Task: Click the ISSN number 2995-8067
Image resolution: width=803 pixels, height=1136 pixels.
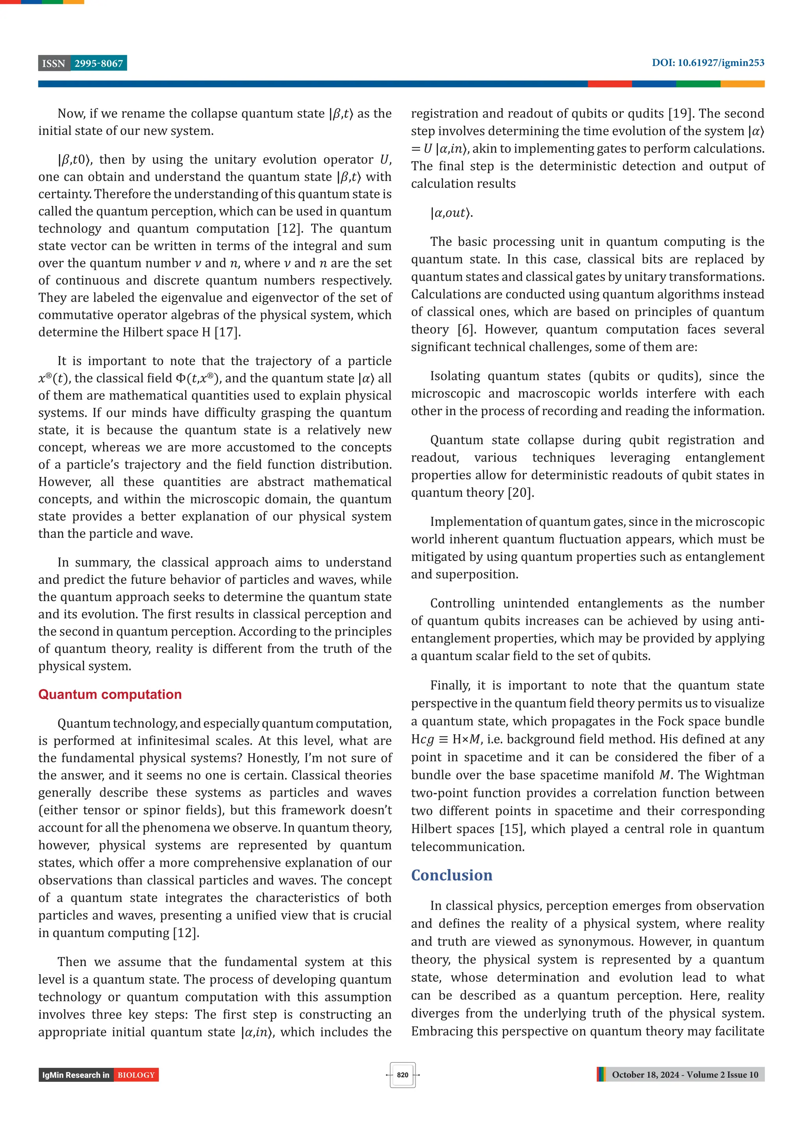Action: tap(98, 64)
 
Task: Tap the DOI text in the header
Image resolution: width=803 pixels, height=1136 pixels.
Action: tap(707, 63)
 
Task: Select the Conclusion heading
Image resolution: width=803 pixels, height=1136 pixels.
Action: tap(451, 875)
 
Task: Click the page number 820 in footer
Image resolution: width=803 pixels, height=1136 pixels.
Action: tap(402, 1075)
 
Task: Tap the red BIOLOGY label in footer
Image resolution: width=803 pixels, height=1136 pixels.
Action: tap(136, 1075)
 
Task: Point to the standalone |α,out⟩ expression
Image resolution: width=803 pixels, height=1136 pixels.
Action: tap(451, 213)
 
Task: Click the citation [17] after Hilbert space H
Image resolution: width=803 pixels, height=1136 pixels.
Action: tap(227, 332)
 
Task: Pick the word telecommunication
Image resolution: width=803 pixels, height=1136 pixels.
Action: tap(467, 847)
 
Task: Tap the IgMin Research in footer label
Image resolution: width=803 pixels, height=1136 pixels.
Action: tap(76, 1075)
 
